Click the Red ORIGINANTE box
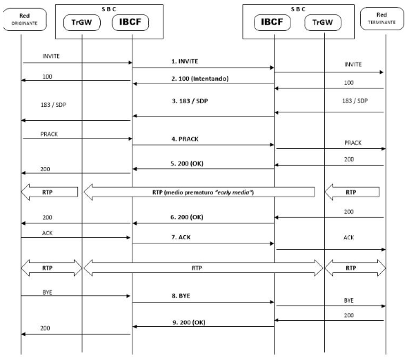25,19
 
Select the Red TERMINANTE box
382,19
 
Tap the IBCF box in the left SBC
130,22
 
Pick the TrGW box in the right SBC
323,22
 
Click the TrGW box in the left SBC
82,22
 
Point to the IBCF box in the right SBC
272,22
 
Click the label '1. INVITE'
185,61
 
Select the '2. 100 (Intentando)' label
200,79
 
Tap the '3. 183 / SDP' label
190,101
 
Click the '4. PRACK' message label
185,139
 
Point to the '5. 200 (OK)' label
187,163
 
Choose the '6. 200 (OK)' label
187,217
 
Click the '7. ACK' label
181,237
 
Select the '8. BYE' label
181,296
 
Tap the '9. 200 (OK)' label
189,322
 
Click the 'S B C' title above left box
109,9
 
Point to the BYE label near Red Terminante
348,300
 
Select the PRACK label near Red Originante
49,134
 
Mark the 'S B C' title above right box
298,9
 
